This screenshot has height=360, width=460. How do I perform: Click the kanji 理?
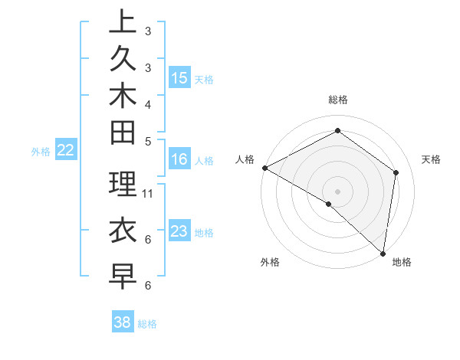click(x=123, y=184)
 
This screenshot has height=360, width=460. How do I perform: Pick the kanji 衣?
click(x=123, y=231)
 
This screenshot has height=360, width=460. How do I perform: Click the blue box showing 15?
click(x=179, y=77)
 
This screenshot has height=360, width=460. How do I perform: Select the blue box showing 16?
click(x=179, y=159)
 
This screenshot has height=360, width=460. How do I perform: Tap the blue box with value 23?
click(x=179, y=231)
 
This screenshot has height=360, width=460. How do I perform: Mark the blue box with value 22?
click(x=66, y=150)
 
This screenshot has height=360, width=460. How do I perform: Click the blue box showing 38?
click(x=123, y=322)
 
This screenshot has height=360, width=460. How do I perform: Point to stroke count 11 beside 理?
click(x=149, y=193)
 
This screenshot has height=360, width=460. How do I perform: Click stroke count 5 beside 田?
click(x=148, y=141)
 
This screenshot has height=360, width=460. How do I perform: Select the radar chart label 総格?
click(x=338, y=100)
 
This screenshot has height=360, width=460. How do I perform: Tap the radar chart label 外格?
click(x=269, y=262)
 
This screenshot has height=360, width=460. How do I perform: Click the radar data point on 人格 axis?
click(x=264, y=168)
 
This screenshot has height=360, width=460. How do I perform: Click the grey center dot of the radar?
click(x=337, y=191)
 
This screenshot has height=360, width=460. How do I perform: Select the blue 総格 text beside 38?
click(x=147, y=324)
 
